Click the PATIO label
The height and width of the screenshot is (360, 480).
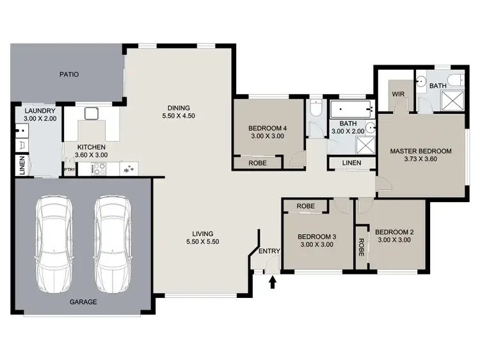(69, 74)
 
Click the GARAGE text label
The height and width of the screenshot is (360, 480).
(84, 302)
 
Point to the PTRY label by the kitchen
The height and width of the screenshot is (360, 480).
(69, 169)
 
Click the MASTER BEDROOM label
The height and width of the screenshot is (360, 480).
(421, 152)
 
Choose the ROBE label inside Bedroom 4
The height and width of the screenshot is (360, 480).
(259, 163)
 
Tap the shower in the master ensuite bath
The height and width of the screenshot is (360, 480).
(455, 101)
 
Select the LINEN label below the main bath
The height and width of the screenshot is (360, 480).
(351, 163)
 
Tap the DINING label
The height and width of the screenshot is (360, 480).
(179, 107)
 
